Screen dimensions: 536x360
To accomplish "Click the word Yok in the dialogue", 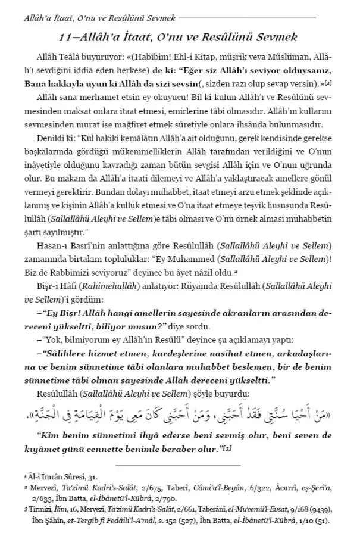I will pos(52,338).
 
